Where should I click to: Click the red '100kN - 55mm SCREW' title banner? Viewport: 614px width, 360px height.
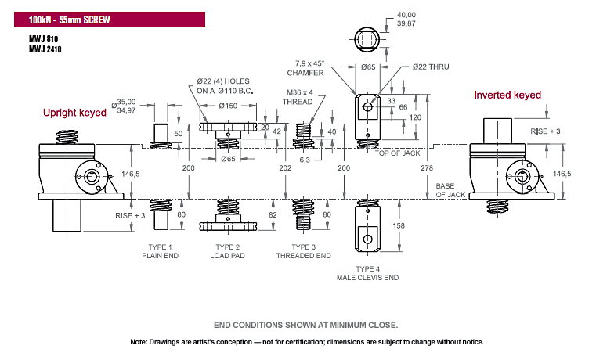[x=110, y=20]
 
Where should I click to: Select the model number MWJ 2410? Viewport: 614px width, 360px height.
[x=45, y=49]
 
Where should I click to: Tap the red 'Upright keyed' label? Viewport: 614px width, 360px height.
[x=75, y=113]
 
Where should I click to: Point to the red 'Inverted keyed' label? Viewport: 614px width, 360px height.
[x=507, y=95]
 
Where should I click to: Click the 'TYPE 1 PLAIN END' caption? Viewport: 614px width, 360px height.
[x=160, y=251]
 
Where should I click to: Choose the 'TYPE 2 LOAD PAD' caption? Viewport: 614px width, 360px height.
[x=227, y=251]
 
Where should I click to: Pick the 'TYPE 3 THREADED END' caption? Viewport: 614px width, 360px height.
[x=304, y=251]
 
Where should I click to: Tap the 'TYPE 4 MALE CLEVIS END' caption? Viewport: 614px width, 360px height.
[x=368, y=273]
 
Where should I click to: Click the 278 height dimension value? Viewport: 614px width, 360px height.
[x=427, y=167]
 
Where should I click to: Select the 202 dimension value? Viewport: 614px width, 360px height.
[x=285, y=167]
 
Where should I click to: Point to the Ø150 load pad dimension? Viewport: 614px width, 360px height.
[x=228, y=106]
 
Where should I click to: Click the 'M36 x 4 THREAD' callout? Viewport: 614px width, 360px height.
[x=298, y=97]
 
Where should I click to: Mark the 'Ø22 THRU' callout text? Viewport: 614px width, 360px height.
[x=431, y=67]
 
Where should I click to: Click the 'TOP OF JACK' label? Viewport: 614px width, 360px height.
[x=398, y=153]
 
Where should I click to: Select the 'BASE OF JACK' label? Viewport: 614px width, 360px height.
[x=450, y=190]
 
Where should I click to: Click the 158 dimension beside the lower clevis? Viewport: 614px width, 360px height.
[x=399, y=225]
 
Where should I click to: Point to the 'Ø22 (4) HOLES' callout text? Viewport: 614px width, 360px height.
[x=223, y=81]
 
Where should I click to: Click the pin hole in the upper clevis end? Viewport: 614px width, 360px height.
[x=368, y=106]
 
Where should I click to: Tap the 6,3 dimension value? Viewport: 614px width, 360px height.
[x=305, y=160]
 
